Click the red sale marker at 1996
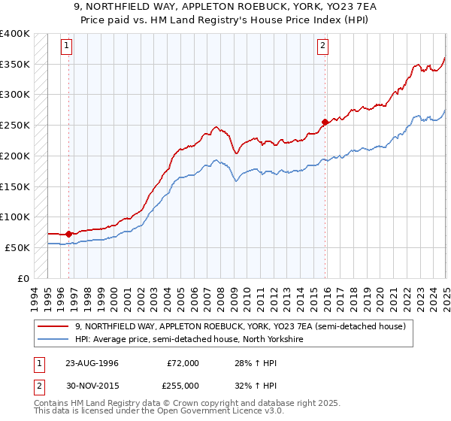coord(68,234)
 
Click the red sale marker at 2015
coord(325,122)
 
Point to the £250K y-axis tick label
coord(15,125)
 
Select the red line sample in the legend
coord(54,326)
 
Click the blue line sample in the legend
coord(54,340)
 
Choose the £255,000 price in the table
coord(183,387)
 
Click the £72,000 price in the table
coord(183,363)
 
